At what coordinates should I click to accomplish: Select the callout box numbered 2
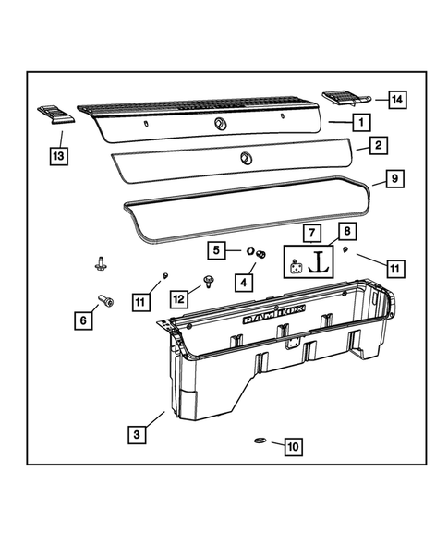(x=377, y=146)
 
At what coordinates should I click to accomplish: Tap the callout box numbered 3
(x=136, y=432)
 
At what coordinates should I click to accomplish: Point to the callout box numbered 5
(x=214, y=249)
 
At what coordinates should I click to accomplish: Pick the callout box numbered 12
(x=177, y=296)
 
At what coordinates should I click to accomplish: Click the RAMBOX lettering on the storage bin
(x=268, y=316)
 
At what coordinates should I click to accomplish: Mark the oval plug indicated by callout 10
(x=259, y=442)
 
